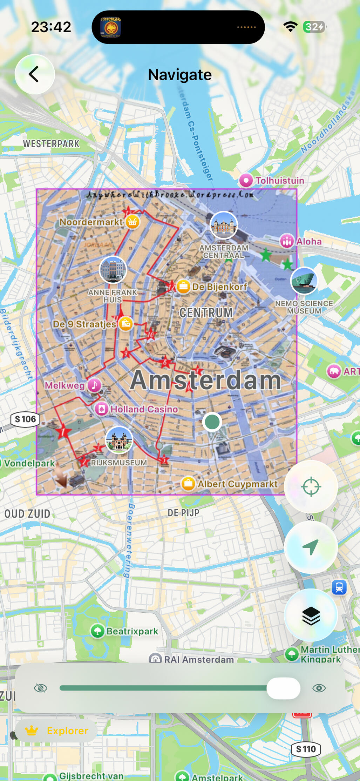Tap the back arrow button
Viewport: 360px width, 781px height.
tap(34, 74)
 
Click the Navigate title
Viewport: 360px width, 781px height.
tap(179, 75)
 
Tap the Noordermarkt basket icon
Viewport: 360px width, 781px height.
tap(133, 222)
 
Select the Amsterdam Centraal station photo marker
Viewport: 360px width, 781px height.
tap(224, 225)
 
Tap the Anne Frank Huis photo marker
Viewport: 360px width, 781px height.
tap(113, 270)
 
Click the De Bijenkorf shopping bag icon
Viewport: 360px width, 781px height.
tap(183, 287)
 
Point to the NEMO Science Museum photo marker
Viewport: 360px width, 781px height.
tap(304, 281)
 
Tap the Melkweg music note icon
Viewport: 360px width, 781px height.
tap(94, 385)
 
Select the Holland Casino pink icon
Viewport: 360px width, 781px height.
tap(102, 409)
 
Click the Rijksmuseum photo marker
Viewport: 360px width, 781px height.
tap(119, 440)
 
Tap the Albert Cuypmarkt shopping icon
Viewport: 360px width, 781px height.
tap(188, 484)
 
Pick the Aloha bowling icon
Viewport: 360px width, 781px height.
tap(287, 241)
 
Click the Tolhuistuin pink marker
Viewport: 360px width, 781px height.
tap(246, 181)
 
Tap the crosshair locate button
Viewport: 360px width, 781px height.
tap(311, 487)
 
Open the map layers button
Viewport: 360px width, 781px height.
tap(311, 616)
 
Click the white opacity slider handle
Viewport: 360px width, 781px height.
tap(283, 688)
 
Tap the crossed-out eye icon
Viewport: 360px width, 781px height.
tap(41, 688)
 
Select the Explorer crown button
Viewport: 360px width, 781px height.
tap(56, 730)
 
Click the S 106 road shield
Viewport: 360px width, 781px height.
tap(26, 419)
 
